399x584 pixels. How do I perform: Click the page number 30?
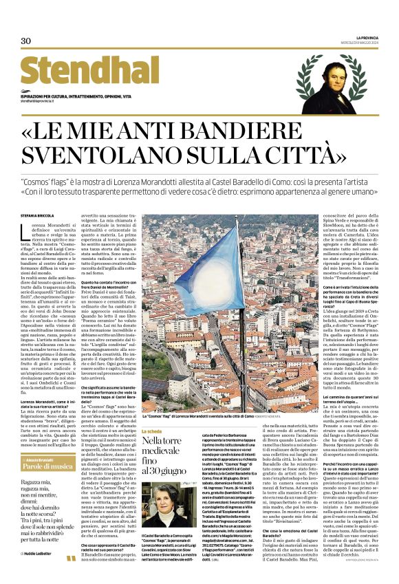[x=25, y=41]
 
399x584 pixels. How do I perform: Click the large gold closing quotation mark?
[x=72, y=558]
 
